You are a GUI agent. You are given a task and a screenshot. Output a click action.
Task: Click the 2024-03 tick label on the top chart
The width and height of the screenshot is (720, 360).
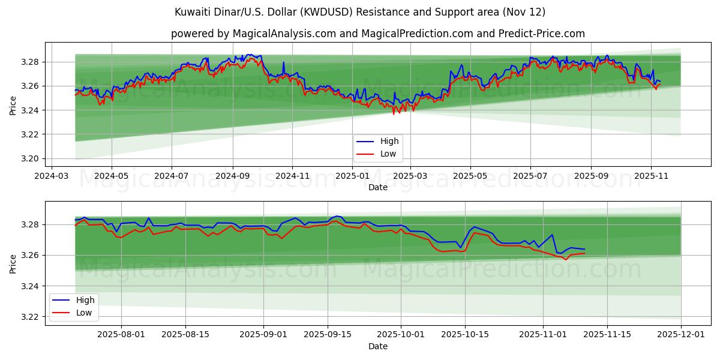point(51,176)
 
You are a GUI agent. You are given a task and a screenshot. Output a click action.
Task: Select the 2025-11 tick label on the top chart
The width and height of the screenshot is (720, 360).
point(651,176)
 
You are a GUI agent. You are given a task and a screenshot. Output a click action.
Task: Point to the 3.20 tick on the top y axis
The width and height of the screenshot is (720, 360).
point(30,158)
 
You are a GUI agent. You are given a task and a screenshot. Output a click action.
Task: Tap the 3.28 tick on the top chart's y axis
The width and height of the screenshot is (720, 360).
point(30,62)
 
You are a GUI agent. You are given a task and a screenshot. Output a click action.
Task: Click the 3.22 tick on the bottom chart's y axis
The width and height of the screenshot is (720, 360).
point(30,317)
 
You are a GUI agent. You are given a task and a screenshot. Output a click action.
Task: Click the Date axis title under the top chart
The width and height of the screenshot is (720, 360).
point(378,187)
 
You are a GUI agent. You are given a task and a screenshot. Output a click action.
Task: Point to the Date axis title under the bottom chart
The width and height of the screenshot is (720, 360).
point(378,346)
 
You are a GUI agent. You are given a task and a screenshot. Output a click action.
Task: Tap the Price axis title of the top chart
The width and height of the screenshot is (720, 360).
point(13,106)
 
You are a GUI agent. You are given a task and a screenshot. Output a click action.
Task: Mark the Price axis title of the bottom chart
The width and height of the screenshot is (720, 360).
point(13,263)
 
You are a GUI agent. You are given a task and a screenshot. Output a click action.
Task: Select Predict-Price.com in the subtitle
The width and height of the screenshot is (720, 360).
point(542,34)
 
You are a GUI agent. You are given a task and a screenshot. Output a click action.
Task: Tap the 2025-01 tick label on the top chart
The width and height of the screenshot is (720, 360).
point(352,176)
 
